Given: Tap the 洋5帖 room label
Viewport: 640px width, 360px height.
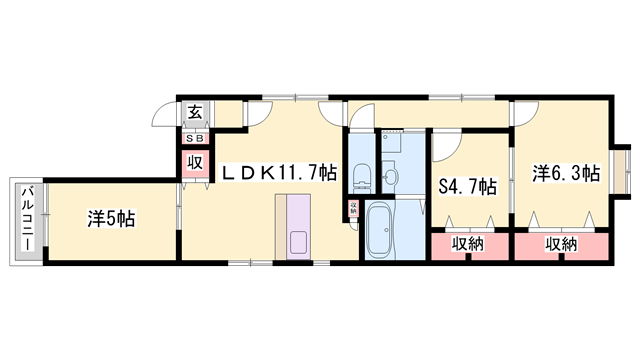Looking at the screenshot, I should pyautogui.click(x=111, y=217).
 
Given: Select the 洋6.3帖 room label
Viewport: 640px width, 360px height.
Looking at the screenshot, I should pyautogui.click(x=566, y=173).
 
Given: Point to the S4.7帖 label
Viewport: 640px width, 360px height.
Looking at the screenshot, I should pyautogui.click(x=468, y=186).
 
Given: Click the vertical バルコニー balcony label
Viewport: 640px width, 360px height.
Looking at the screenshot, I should pyautogui.click(x=29, y=217).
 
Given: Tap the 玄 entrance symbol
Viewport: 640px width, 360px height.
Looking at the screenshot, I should pyautogui.click(x=192, y=113).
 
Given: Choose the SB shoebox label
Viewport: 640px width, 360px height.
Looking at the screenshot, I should pyautogui.click(x=193, y=138).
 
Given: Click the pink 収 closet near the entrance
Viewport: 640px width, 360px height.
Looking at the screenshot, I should pyautogui.click(x=193, y=162).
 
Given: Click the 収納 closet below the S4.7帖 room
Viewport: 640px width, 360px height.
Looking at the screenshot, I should pyautogui.click(x=468, y=244).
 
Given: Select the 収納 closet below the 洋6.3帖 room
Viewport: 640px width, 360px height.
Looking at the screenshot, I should pyautogui.click(x=561, y=244).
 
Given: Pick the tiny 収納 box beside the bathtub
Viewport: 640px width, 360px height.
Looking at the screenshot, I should pyautogui.click(x=353, y=208).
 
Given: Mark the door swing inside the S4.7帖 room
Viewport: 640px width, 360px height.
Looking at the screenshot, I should pyautogui.click(x=446, y=148).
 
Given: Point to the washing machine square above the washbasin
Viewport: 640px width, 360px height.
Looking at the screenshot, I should pyautogui.click(x=391, y=143).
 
